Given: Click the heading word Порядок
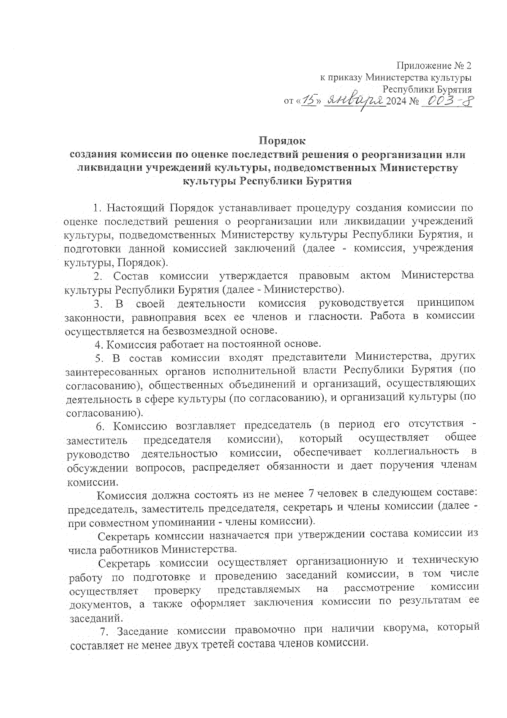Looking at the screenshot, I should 282,140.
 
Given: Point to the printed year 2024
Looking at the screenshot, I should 396,102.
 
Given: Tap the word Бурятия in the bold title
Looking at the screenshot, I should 330,182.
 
